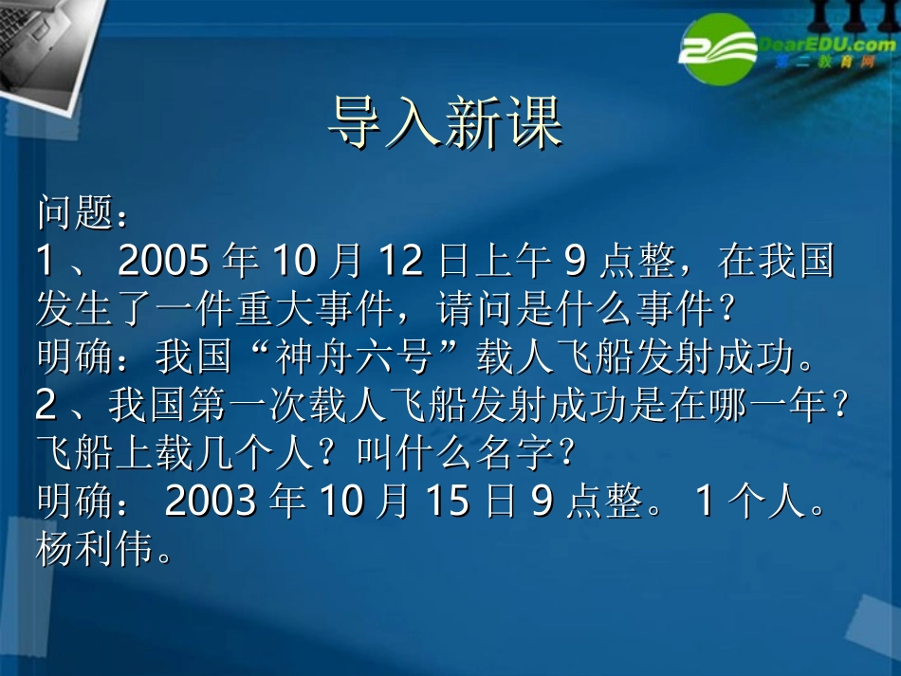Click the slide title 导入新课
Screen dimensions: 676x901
pos(447,122)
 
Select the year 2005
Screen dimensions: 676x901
pos(164,261)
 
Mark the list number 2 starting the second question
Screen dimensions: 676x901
pos(46,406)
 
